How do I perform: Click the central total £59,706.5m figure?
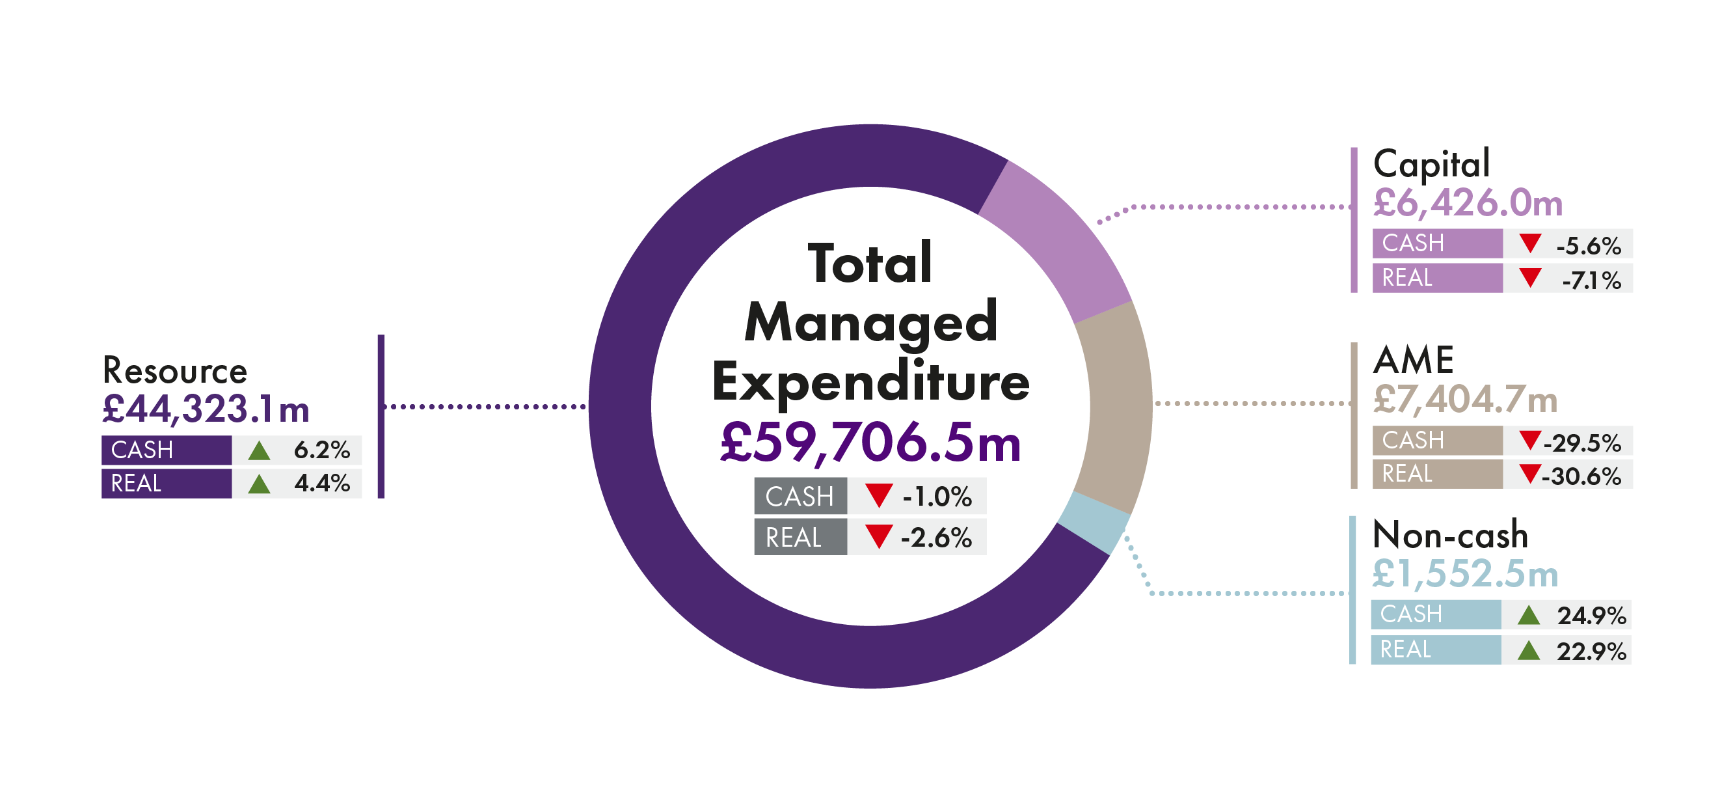click(x=870, y=443)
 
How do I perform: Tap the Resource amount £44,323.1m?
click(x=206, y=409)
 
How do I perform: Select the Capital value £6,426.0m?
click(x=1468, y=203)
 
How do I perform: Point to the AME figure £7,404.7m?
click(x=1465, y=400)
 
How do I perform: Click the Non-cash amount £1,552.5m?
click(x=1465, y=574)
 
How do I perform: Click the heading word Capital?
click(x=1431, y=163)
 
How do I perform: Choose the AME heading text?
click(x=1413, y=360)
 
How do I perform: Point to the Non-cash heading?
click(x=1450, y=535)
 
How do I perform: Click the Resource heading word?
click(x=175, y=370)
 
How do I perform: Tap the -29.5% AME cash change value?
click(x=1581, y=443)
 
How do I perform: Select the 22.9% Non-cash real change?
click(x=1591, y=651)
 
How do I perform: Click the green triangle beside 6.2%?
click(x=260, y=450)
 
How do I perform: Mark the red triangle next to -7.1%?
click(x=1530, y=277)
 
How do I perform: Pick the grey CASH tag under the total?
click(x=800, y=497)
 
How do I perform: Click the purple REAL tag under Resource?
click(x=167, y=484)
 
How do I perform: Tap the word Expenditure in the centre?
click(x=870, y=382)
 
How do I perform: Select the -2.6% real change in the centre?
click(x=936, y=538)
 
